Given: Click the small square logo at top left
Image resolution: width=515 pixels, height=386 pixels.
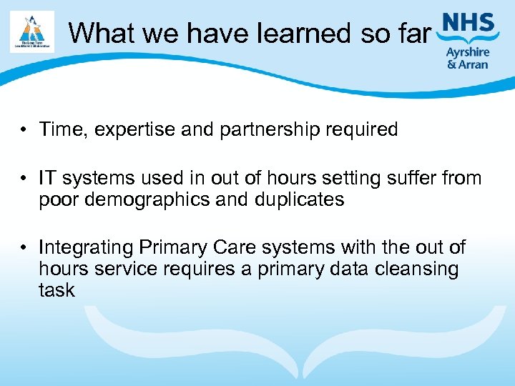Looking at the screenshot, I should point(32,31).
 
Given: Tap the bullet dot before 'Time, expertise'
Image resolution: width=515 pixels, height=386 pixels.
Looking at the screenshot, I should point(24,130).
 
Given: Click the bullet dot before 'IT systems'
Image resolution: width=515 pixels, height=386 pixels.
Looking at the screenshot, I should point(24,179).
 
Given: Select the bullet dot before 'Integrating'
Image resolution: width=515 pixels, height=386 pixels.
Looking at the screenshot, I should point(24,248).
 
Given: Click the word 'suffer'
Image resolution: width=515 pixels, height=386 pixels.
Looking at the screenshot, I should point(405,178).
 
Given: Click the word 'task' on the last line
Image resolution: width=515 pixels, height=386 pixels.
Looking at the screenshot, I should point(57,290).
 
